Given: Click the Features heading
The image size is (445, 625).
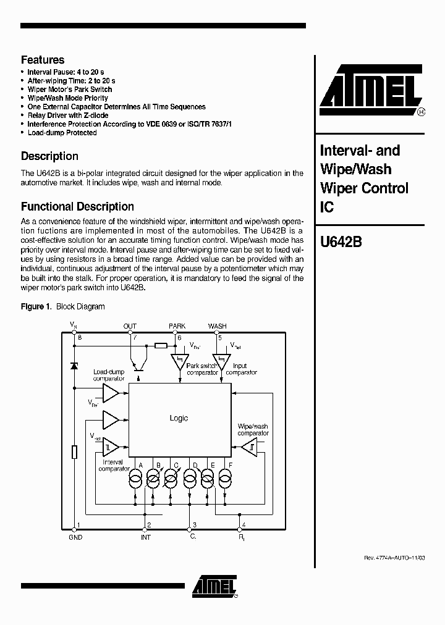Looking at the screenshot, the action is [x=43, y=60].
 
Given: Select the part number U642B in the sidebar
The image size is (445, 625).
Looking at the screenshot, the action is [x=341, y=242].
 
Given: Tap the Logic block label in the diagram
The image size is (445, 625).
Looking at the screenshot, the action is [x=179, y=418].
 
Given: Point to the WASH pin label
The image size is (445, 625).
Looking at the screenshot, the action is [x=217, y=326].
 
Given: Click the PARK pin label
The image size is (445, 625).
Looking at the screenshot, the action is [x=177, y=326].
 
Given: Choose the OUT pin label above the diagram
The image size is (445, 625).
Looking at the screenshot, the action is [x=130, y=326].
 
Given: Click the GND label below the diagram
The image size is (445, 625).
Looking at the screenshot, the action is [x=75, y=537].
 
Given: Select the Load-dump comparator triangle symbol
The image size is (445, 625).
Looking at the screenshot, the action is [x=111, y=393].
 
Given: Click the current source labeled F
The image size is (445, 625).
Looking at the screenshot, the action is [x=226, y=477].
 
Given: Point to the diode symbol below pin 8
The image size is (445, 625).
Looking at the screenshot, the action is [x=75, y=366].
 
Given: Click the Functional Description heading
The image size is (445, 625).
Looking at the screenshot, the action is [x=77, y=207].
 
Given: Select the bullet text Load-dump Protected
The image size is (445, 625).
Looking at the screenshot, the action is [x=62, y=133].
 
